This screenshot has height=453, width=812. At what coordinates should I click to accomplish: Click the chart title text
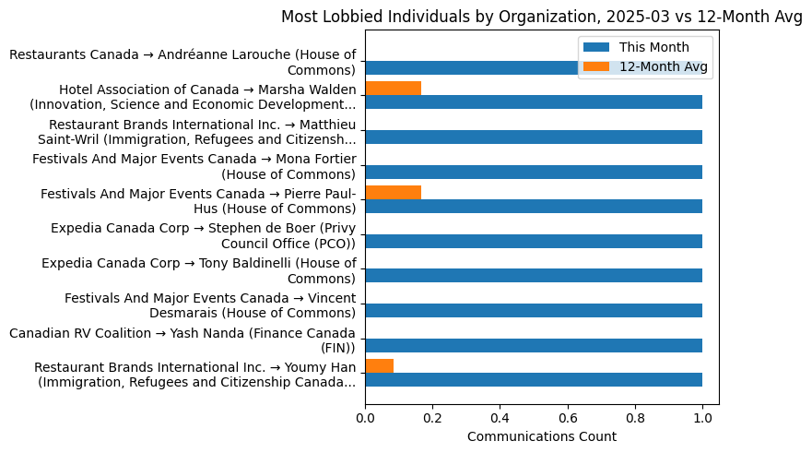point(541,16)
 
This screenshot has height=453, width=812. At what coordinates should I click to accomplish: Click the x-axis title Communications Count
point(541,436)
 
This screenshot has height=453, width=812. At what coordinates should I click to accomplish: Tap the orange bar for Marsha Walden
point(394,89)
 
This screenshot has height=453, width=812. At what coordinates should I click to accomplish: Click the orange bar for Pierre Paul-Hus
point(394,192)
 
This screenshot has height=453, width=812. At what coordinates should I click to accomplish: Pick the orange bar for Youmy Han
point(380,365)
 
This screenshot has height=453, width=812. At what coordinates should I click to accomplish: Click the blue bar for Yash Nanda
point(534,345)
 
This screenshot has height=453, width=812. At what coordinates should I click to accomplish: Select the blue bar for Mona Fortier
point(534,172)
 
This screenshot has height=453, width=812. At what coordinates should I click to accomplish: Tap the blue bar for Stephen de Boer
point(534,241)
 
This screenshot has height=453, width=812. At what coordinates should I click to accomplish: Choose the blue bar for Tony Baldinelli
point(534,275)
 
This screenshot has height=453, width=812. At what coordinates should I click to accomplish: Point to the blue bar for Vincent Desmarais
point(534,310)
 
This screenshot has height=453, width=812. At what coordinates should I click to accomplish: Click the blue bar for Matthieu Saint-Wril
point(534,137)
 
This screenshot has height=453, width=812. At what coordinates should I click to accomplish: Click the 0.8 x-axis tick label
point(635,419)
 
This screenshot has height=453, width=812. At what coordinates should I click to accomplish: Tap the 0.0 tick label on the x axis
point(365,419)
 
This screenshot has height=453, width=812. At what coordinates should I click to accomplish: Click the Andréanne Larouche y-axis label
point(182,63)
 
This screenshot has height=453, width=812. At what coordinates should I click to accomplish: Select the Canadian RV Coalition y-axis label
point(182,340)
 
